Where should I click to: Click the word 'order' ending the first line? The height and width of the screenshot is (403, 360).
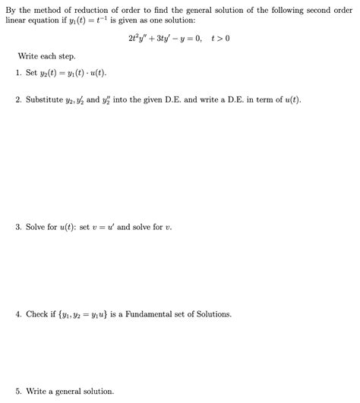[343, 9]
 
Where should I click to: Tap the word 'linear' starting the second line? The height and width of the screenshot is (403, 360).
[15, 20]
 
